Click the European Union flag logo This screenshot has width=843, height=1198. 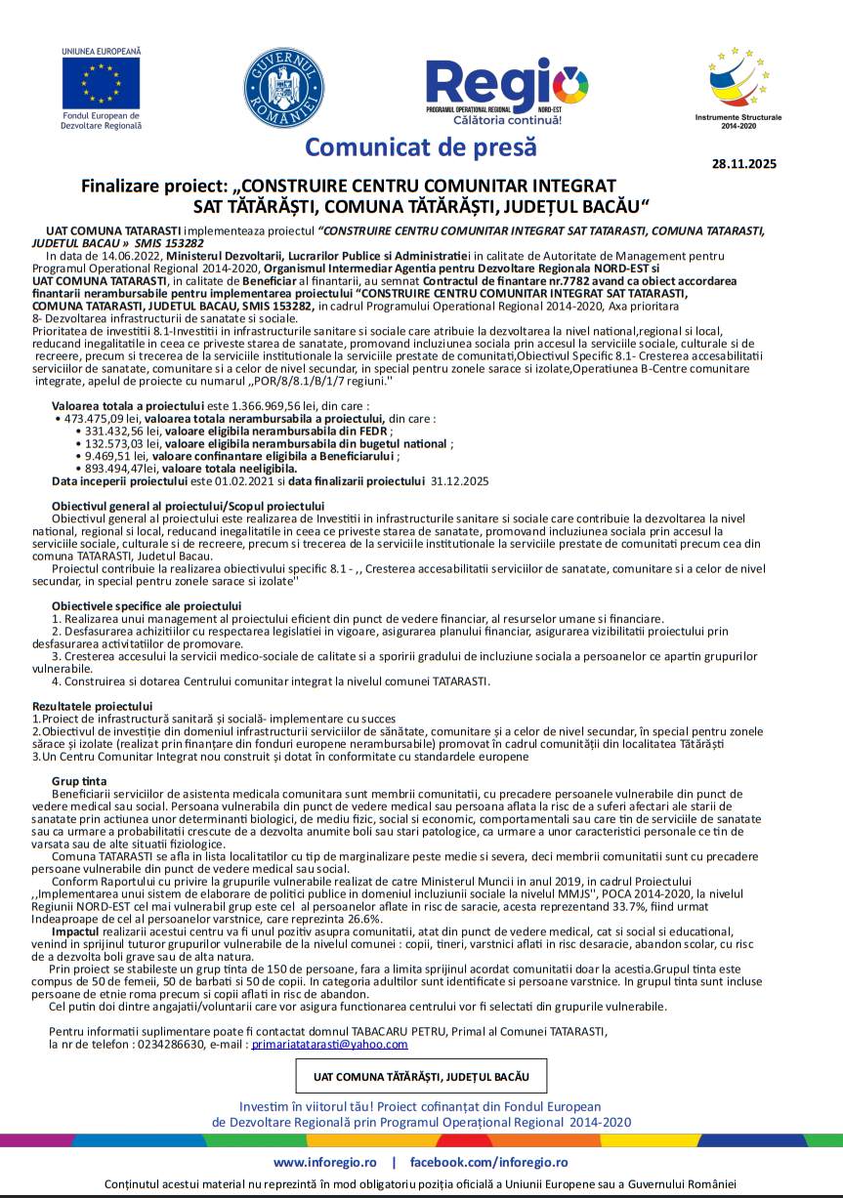pos(101,82)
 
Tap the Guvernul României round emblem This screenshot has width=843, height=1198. pos(283,85)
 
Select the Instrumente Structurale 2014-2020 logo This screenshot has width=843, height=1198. pos(744,83)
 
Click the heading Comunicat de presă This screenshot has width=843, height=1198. pos(421,147)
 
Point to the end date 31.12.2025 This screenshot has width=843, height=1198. pos(459,480)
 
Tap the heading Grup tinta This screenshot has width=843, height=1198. pos(79,781)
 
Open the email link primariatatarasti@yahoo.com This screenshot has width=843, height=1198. pos(329,1044)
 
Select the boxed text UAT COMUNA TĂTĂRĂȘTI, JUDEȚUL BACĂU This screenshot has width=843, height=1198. pos(421,1076)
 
